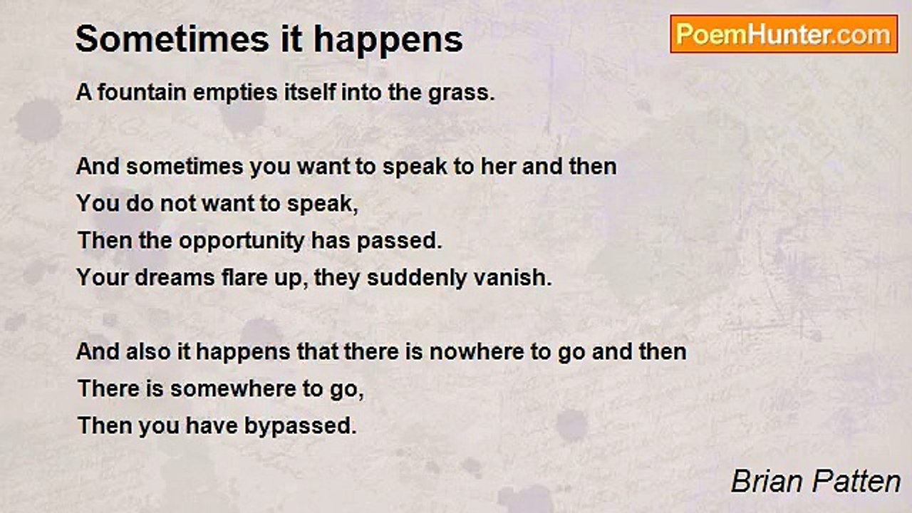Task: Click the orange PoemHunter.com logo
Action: coord(784,34)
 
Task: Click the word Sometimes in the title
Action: coord(172,39)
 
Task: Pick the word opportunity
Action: coord(242,242)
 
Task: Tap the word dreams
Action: coord(175,277)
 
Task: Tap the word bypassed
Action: coord(300,427)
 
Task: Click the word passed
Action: coord(400,242)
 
